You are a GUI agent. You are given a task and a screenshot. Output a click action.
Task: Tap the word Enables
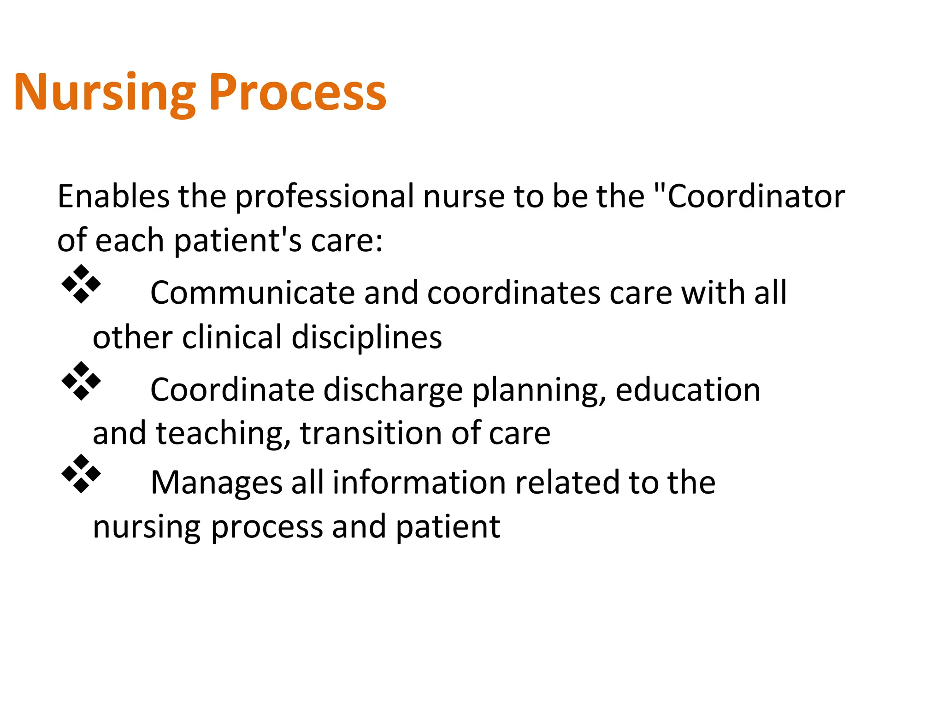[x=113, y=196]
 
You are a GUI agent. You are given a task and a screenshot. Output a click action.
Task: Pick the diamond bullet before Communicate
[x=81, y=284]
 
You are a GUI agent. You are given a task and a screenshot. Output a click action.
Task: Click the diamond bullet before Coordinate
[x=81, y=381]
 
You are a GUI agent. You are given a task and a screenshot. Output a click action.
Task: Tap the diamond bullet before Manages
[x=81, y=474]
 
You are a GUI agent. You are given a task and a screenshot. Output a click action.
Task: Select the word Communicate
[x=253, y=293]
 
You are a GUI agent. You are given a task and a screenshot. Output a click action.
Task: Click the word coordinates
[x=513, y=293]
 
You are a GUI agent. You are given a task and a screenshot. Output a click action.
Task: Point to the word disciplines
[x=366, y=338]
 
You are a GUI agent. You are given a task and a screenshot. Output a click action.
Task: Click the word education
[x=688, y=390]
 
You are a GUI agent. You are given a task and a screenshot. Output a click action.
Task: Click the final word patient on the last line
[x=448, y=527]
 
